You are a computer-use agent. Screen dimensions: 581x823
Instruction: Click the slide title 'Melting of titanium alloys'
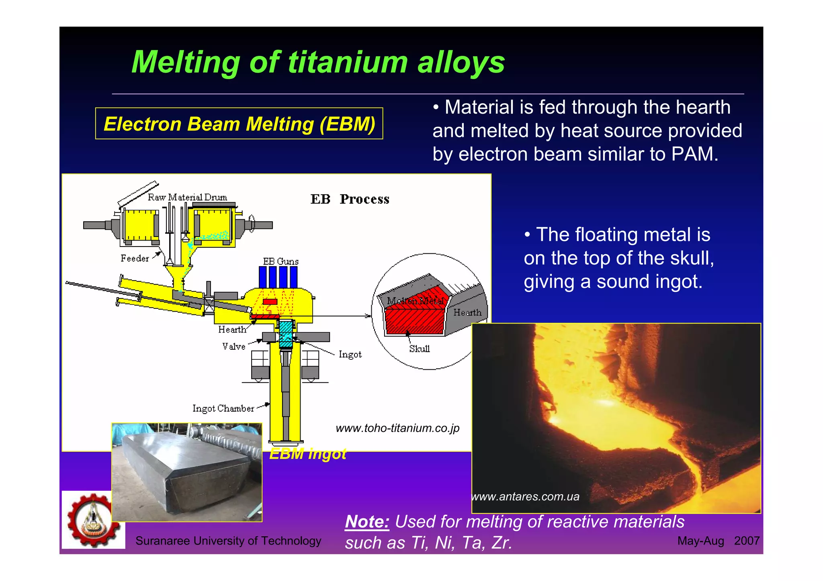(x=318, y=62)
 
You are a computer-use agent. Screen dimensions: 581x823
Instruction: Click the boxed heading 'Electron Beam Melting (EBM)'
(x=239, y=124)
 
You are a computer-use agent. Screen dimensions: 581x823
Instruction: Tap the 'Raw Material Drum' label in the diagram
(x=187, y=197)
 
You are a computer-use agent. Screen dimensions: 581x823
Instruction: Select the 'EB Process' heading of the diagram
(x=350, y=199)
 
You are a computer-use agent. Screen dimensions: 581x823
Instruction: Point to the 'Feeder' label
(x=135, y=258)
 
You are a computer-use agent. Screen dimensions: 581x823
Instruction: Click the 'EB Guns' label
(x=280, y=261)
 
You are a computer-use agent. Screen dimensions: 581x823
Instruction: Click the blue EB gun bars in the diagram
(x=278, y=277)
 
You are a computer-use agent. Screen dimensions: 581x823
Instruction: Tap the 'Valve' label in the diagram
(x=233, y=346)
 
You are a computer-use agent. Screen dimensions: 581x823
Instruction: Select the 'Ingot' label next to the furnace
(x=350, y=354)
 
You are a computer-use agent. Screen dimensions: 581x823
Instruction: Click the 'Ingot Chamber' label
(x=223, y=408)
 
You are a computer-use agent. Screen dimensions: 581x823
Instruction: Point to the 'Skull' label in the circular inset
(x=419, y=349)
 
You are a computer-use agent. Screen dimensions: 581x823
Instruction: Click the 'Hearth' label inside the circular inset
(x=467, y=312)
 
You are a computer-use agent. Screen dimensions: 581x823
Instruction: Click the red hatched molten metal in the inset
(x=414, y=319)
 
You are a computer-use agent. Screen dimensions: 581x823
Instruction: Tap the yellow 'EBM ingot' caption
(x=307, y=454)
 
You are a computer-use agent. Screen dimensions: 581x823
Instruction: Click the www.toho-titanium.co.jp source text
(x=397, y=428)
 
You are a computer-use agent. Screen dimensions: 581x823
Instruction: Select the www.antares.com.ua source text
(x=526, y=497)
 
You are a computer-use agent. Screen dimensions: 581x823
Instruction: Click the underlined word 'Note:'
(x=367, y=522)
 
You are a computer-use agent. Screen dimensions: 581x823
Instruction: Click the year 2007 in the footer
(x=746, y=541)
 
